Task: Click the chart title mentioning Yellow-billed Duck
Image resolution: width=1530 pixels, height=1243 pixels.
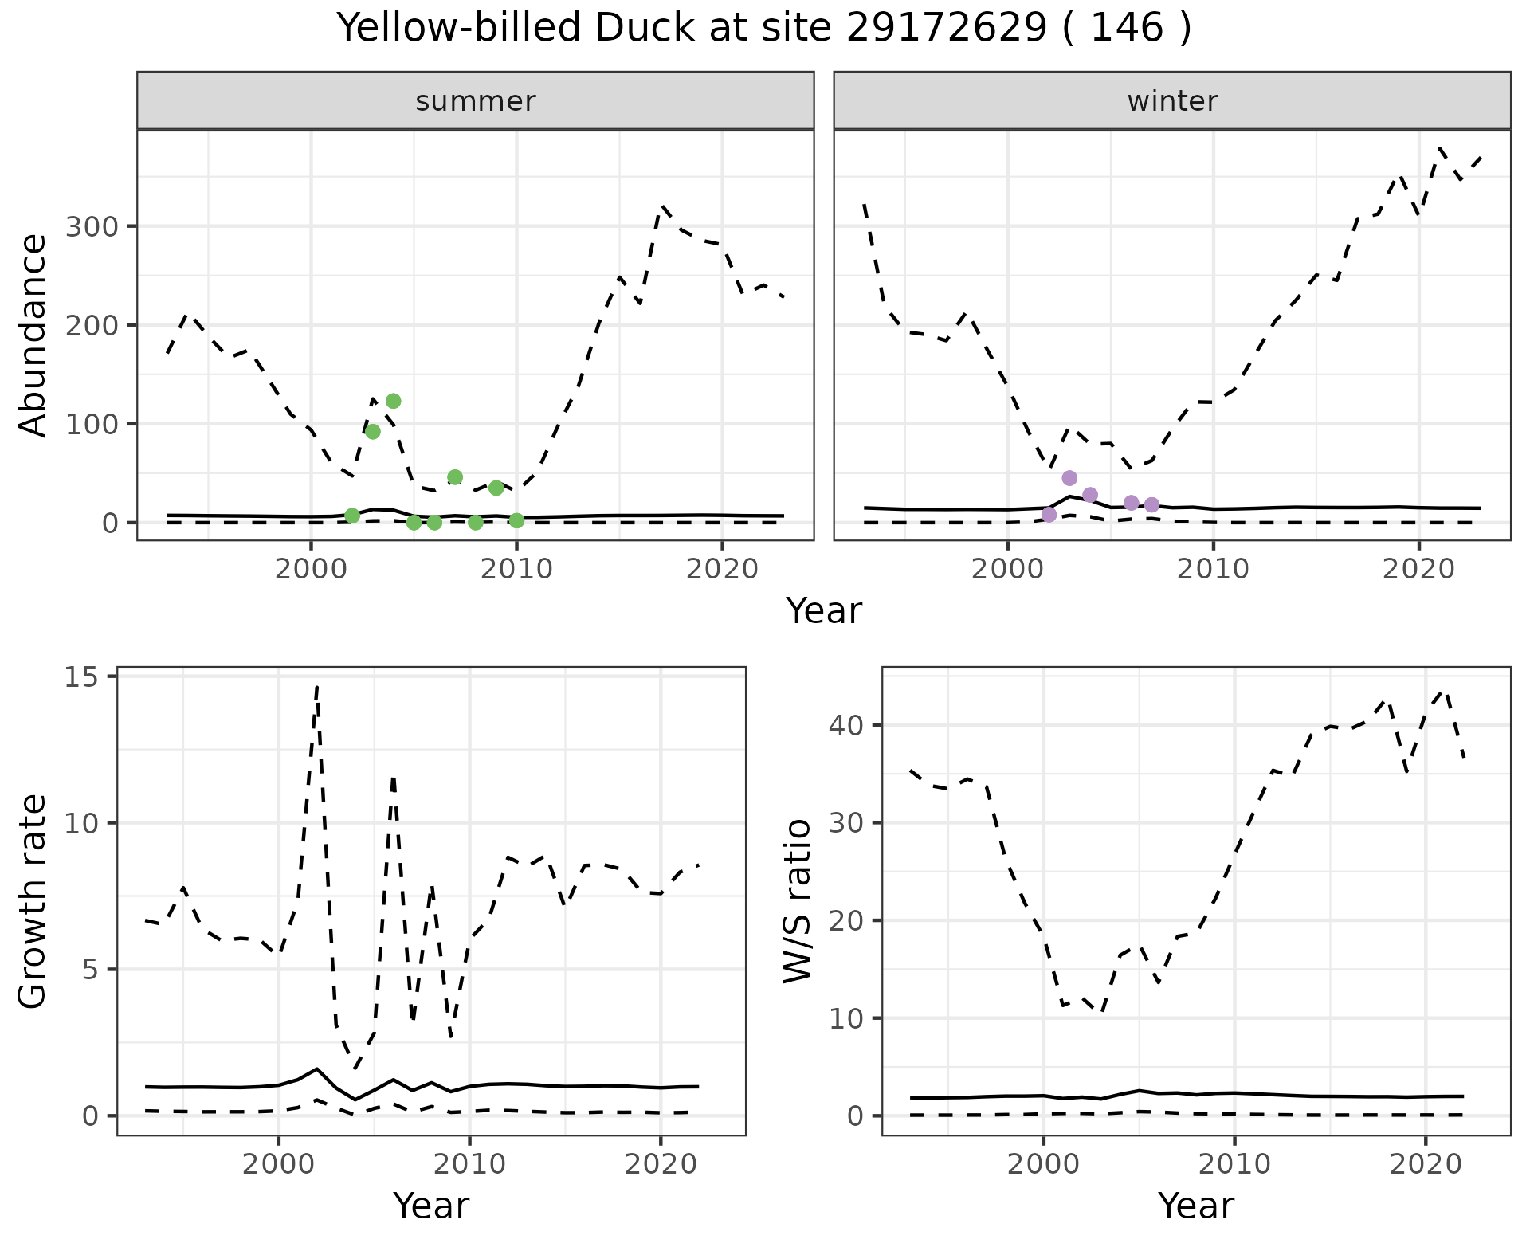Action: [764, 29]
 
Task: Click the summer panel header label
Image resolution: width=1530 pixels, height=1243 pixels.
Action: [476, 101]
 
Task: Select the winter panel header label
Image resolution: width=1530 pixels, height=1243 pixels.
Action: [1172, 101]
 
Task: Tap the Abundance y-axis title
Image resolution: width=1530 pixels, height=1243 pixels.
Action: [33, 335]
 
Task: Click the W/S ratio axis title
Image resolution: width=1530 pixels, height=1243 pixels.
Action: [798, 901]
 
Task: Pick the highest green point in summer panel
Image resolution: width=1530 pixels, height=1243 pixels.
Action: [393, 401]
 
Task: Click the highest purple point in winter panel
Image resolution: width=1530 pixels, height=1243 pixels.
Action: [1069, 478]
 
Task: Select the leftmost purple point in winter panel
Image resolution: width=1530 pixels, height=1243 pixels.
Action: [1049, 515]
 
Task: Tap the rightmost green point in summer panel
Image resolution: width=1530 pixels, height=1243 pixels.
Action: [516, 520]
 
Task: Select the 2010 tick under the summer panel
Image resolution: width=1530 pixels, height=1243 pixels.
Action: [516, 570]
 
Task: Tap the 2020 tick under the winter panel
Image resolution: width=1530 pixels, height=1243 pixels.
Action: [1418, 570]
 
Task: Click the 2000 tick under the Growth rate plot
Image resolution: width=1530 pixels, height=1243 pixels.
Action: [278, 1164]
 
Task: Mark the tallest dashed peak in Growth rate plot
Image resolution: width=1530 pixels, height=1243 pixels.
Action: [317, 687]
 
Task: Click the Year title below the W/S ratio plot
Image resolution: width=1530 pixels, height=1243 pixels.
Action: [1195, 1206]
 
